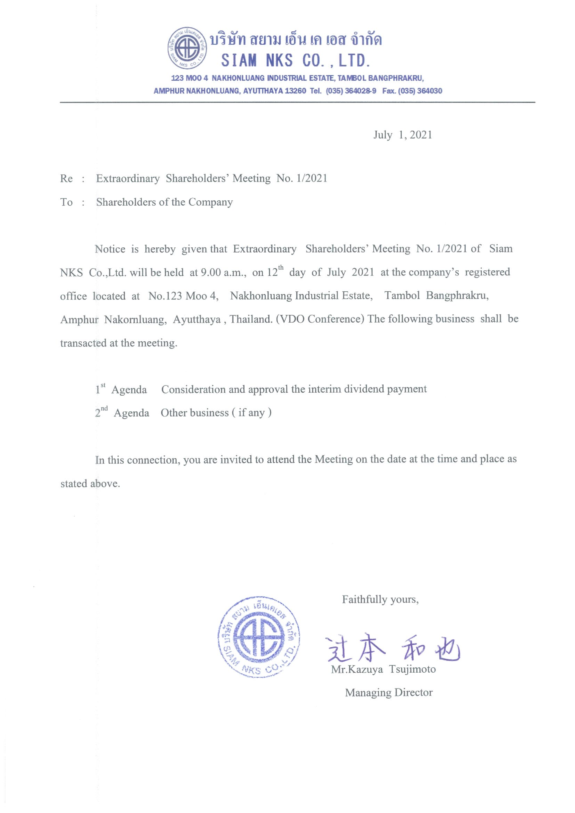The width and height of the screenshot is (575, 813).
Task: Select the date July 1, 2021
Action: pyautogui.click(x=403, y=135)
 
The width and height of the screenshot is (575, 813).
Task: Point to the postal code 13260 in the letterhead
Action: pyautogui.click(x=295, y=91)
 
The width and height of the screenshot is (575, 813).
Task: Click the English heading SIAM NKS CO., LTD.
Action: pyautogui.click(x=296, y=60)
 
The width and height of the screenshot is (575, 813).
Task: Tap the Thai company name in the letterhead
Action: pyautogui.click(x=296, y=40)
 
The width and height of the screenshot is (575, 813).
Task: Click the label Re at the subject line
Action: pyautogui.click(x=66, y=178)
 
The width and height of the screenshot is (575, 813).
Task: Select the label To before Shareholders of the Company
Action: pyautogui.click(x=66, y=202)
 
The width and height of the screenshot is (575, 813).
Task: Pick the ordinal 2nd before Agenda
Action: pyautogui.click(x=101, y=412)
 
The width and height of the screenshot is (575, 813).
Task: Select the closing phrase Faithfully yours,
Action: pyautogui.click(x=380, y=599)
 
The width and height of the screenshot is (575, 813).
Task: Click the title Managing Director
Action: pyautogui.click(x=389, y=693)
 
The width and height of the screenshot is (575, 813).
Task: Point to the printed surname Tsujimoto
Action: pyautogui.click(x=412, y=669)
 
